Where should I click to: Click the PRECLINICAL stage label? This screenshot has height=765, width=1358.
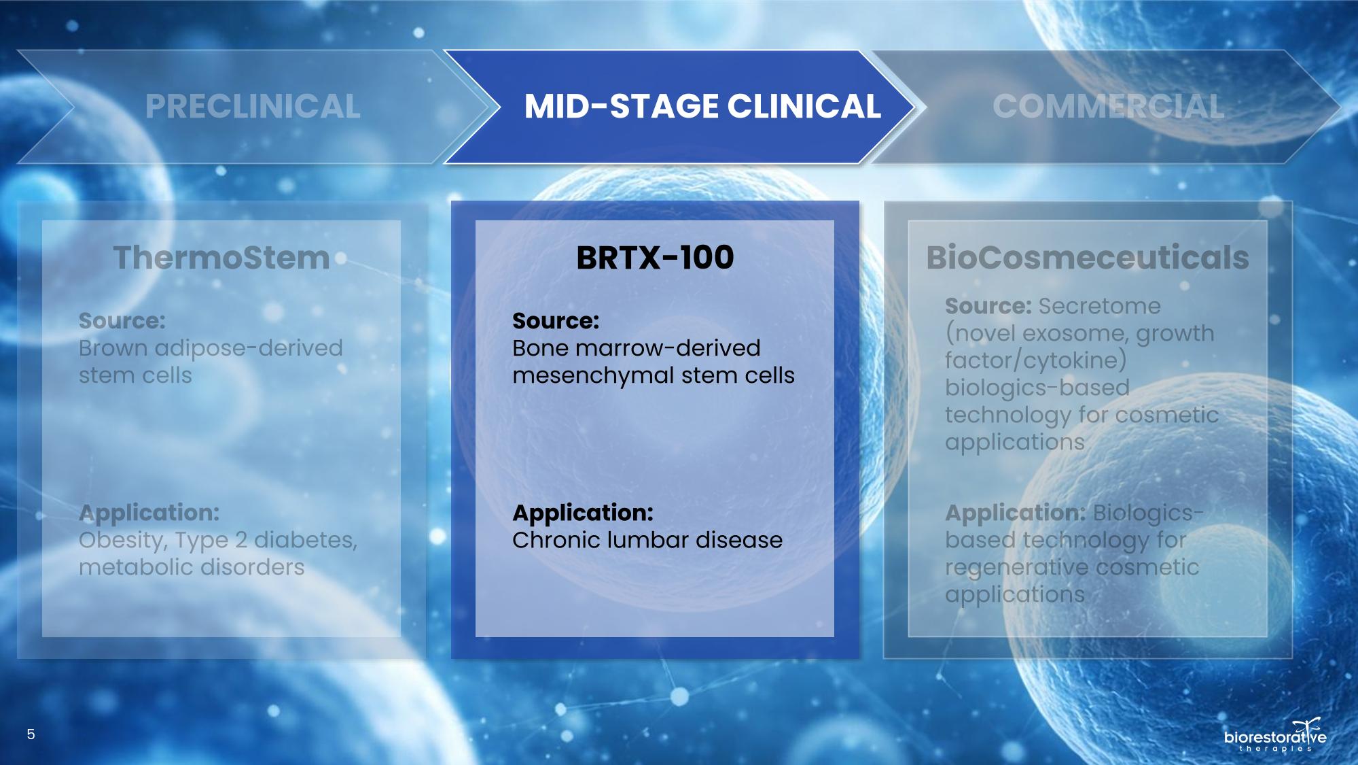[x=253, y=107]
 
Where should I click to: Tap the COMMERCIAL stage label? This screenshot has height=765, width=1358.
[x=1108, y=107]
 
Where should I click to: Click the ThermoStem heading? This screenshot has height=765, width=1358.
[x=221, y=258]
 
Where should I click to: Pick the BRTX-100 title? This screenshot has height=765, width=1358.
[x=655, y=258]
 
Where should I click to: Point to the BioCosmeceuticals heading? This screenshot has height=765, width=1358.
[x=1088, y=258]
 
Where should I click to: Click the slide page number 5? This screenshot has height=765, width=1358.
[x=31, y=734]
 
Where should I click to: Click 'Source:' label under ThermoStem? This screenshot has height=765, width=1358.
[x=122, y=320]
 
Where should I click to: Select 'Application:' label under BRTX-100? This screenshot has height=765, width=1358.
[x=583, y=513]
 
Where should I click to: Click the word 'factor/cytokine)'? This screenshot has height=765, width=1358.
[x=1035, y=360]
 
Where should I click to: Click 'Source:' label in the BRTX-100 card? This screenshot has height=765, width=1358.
[x=556, y=320]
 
